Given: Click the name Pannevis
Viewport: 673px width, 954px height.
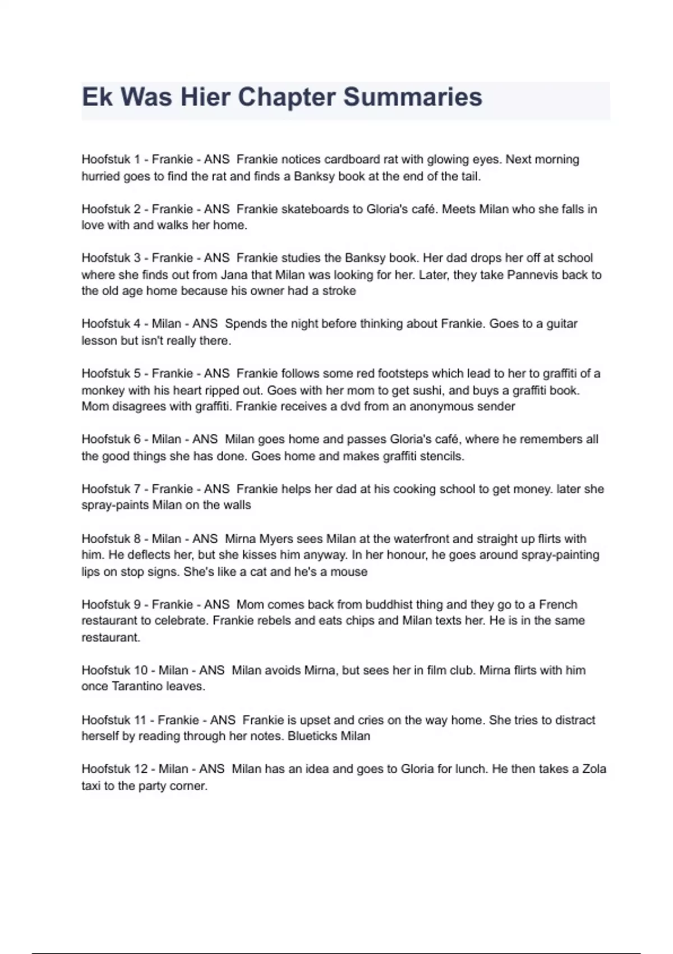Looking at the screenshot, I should point(531,275).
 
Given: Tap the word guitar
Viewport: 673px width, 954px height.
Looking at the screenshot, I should point(556,324).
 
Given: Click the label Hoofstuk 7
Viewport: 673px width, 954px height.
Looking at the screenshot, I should point(110,489).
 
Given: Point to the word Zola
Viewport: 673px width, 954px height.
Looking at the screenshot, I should point(594,769).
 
